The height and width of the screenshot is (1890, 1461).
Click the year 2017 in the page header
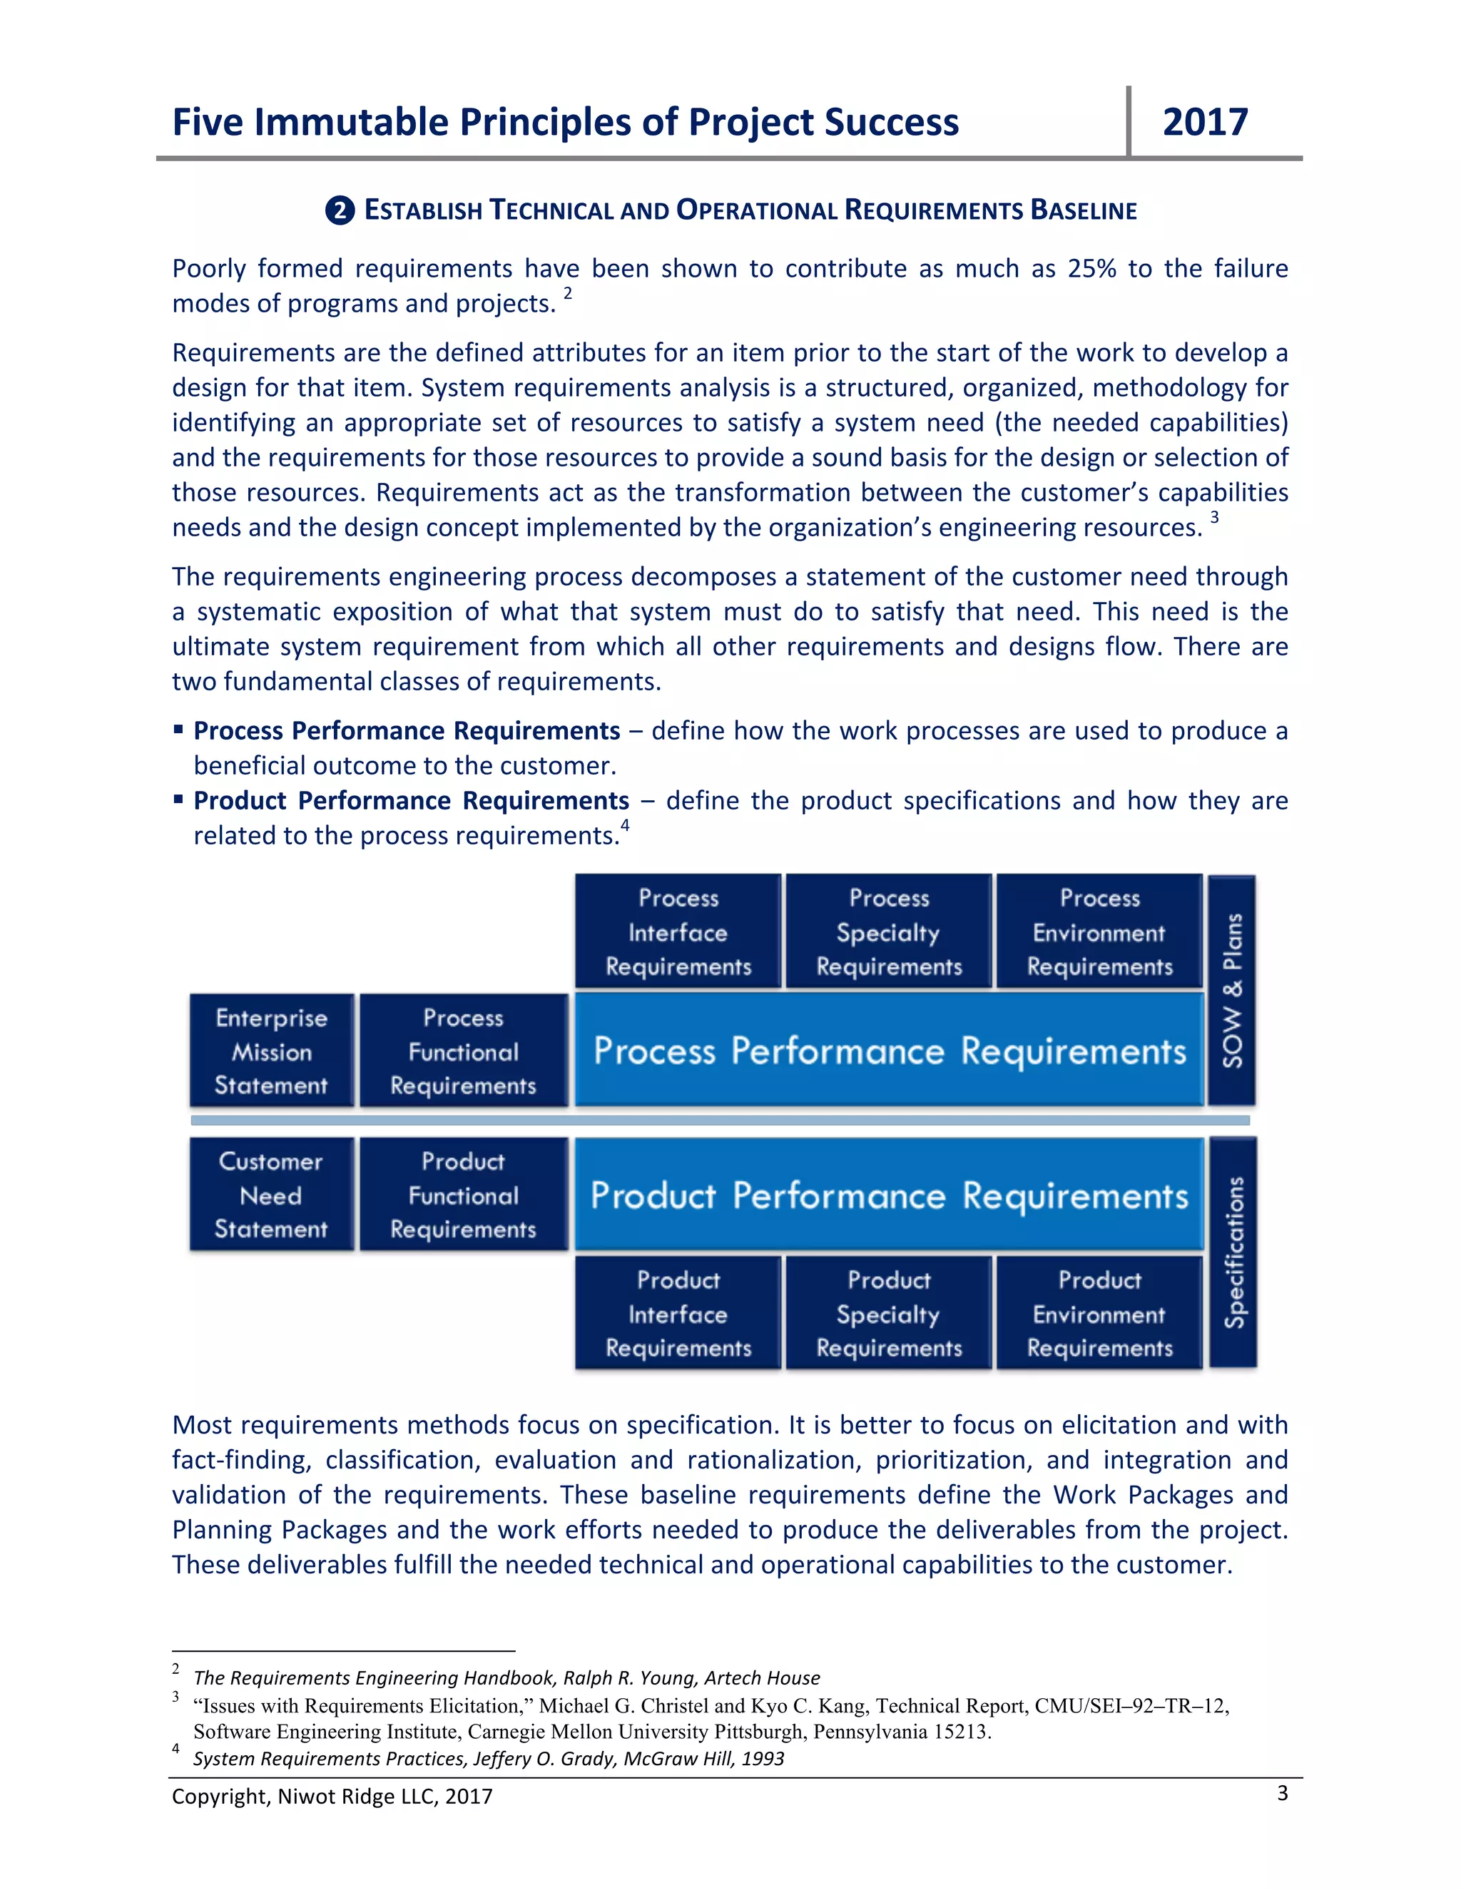coord(1205,122)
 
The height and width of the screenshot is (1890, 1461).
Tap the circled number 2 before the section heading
coord(340,210)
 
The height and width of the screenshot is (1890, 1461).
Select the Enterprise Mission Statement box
coord(271,1051)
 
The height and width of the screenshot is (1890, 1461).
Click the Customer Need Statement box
coord(271,1194)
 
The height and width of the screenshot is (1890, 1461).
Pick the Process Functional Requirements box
coord(463,1051)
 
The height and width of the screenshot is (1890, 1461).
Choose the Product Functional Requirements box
coord(463,1194)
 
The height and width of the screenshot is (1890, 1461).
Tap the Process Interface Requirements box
coord(678,932)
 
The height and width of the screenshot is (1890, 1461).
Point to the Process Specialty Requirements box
coord(889,932)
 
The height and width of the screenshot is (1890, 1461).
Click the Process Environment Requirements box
coord(1099,932)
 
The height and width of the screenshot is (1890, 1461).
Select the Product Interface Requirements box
coord(678,1313)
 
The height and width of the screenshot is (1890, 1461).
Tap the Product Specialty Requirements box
coord(889,1313)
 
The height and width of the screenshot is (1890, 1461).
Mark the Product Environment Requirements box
coord(1099,1313)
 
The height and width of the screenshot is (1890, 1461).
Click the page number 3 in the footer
coord(1282,1793)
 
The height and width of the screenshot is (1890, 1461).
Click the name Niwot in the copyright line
coord(305,1797)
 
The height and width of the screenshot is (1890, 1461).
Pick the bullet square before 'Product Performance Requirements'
coord(178,800)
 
